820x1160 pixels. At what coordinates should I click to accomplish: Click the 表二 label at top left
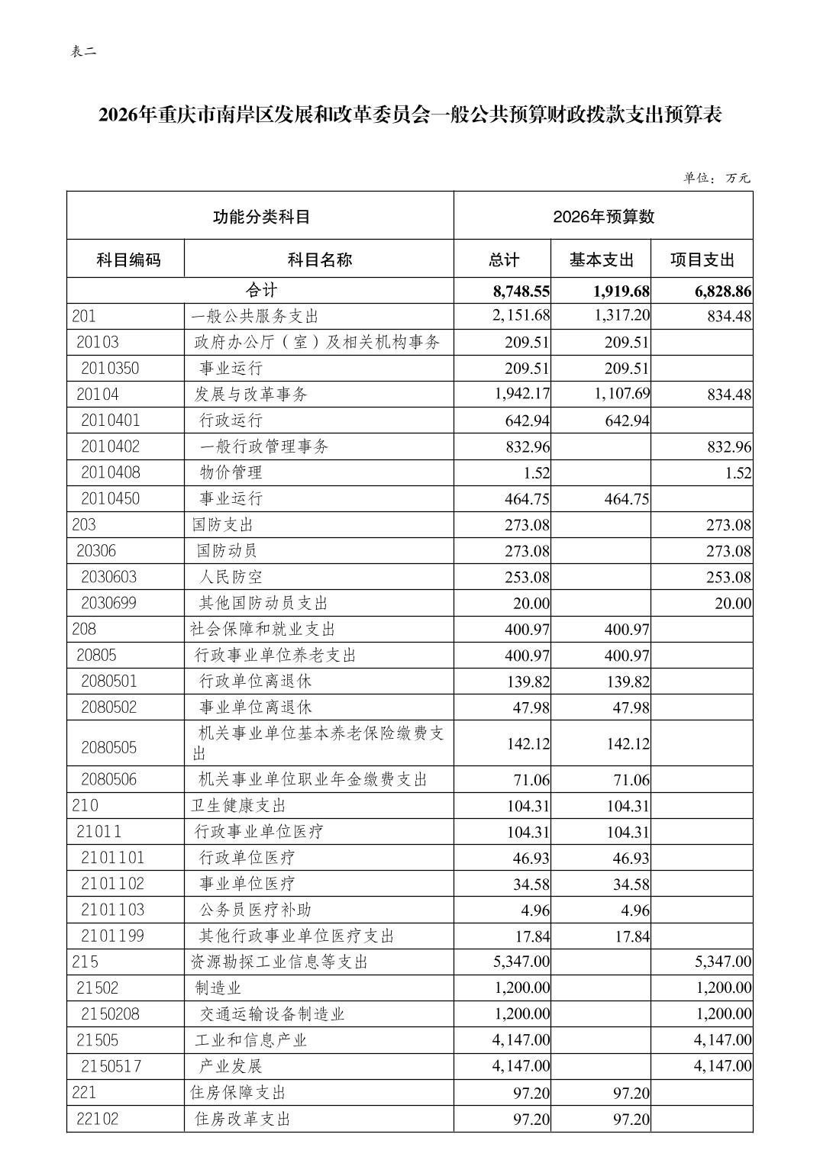click(x=84, y=52)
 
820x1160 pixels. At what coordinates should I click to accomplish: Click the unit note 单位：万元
click(x=716, y=178)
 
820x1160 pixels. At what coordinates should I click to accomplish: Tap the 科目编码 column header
click(x=128, y=259)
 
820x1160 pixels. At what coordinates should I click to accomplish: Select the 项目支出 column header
click(x=702, y=259)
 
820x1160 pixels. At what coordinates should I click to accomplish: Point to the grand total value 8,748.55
click(x=521, y=291)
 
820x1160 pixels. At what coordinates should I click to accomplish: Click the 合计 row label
click(x=261, y=291)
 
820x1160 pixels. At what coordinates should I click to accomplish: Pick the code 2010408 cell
click(x=111, y=472)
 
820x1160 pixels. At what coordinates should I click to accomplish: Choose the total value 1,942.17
click(x=521, y=395)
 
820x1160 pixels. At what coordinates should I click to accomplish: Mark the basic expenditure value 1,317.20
click(x=621, y=316)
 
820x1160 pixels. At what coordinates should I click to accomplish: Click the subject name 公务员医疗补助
click(x=254, y=910)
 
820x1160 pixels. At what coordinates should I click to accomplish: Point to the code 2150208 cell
click(x=111, y=1013)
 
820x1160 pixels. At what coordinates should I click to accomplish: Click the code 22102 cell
click(x=98, y=1119)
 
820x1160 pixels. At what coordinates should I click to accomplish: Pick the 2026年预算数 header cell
click(x=603, y=217)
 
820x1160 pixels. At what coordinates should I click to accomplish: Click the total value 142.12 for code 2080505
click(x=528, y=743)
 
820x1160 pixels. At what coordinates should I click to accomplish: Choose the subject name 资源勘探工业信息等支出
click(x=279, y=962)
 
